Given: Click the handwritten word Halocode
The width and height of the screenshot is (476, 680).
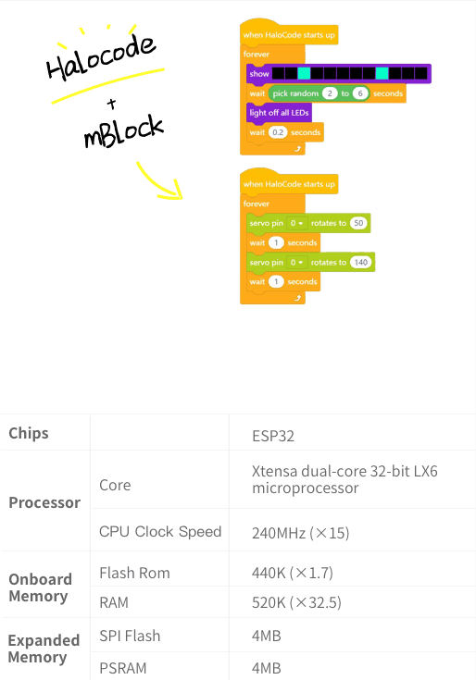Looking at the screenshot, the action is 101,57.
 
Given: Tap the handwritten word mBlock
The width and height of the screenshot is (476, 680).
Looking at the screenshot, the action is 124,131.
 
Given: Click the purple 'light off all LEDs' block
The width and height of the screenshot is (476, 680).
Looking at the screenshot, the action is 279,113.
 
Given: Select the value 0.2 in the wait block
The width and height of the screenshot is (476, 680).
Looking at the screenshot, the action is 278,132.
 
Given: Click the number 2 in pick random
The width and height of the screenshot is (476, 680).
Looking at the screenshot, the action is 330,93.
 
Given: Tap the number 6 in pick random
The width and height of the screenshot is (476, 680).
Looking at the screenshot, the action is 360,93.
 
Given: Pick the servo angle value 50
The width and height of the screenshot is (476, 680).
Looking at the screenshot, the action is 358,223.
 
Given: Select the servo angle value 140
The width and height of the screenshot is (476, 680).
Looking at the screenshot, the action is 360,262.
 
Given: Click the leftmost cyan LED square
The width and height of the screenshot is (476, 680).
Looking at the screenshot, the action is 304,73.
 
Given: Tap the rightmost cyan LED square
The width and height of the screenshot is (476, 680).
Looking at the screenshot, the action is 382,73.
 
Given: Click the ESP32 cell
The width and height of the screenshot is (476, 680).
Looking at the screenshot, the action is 273,436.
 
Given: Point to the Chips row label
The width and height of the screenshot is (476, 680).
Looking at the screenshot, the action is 29,433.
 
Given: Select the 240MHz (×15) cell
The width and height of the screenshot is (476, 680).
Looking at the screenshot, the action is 300,533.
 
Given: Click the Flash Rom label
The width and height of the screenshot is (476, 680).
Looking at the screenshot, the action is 134,573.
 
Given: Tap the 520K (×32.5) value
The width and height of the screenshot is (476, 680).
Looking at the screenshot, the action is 296,602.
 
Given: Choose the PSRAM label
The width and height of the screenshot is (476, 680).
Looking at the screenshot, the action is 123,668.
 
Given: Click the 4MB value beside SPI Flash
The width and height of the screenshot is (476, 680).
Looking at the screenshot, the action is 267,636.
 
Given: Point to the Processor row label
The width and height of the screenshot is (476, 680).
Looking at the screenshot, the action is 44,502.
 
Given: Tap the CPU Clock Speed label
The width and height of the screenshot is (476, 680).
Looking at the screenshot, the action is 160,532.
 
